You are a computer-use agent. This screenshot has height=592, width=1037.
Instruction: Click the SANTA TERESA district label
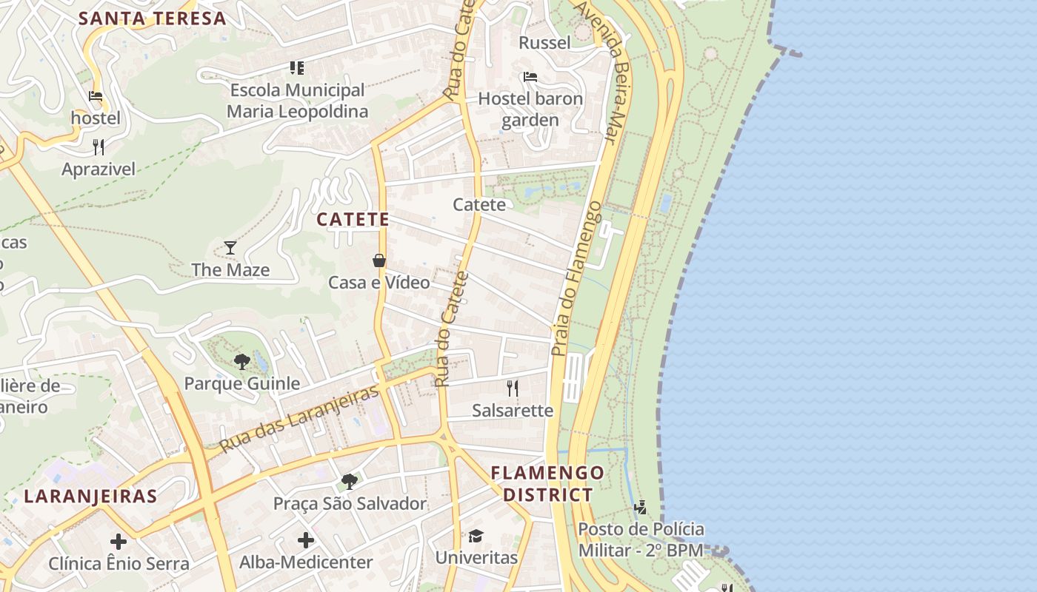[x=152, y=18]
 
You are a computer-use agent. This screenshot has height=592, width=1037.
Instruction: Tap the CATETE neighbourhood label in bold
[x=353, y=219]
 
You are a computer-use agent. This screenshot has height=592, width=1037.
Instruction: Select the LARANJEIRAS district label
[x=90, y=496]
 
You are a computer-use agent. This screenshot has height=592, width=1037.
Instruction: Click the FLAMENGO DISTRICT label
[x=547, y=484]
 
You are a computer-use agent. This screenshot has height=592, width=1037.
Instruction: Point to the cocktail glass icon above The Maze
[x=230, y=247]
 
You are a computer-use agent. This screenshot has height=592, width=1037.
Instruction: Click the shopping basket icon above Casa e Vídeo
[x=379, y=260]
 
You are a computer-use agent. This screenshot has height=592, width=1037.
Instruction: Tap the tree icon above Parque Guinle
[x=241, y=362]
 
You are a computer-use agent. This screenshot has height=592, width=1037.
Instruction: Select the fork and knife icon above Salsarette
[x=513, y=388]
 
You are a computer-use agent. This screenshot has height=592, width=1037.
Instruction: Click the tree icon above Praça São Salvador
[x=350, y=482]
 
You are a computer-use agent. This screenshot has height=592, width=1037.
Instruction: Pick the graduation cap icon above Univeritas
[x=476, y=535]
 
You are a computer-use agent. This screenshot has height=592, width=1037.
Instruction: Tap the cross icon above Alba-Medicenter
[x=305, y=540]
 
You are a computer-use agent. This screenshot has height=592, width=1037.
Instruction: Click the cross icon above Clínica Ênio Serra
[x=119, y=542]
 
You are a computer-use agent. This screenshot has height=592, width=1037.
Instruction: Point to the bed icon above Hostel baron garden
[x=530, y=76]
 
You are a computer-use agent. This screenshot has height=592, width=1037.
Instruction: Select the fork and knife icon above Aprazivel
[x=99, y=147]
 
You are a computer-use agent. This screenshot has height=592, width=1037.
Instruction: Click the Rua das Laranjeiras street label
[x=300, y=418]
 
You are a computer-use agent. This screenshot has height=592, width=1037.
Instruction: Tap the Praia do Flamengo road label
[x=577, y=277]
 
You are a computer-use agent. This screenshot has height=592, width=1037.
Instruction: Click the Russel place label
[x=544, y=42]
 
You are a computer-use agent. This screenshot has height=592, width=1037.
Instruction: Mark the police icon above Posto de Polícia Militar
[x=641, y=508]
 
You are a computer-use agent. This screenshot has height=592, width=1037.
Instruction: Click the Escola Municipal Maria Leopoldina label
[x=297, y=101]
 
